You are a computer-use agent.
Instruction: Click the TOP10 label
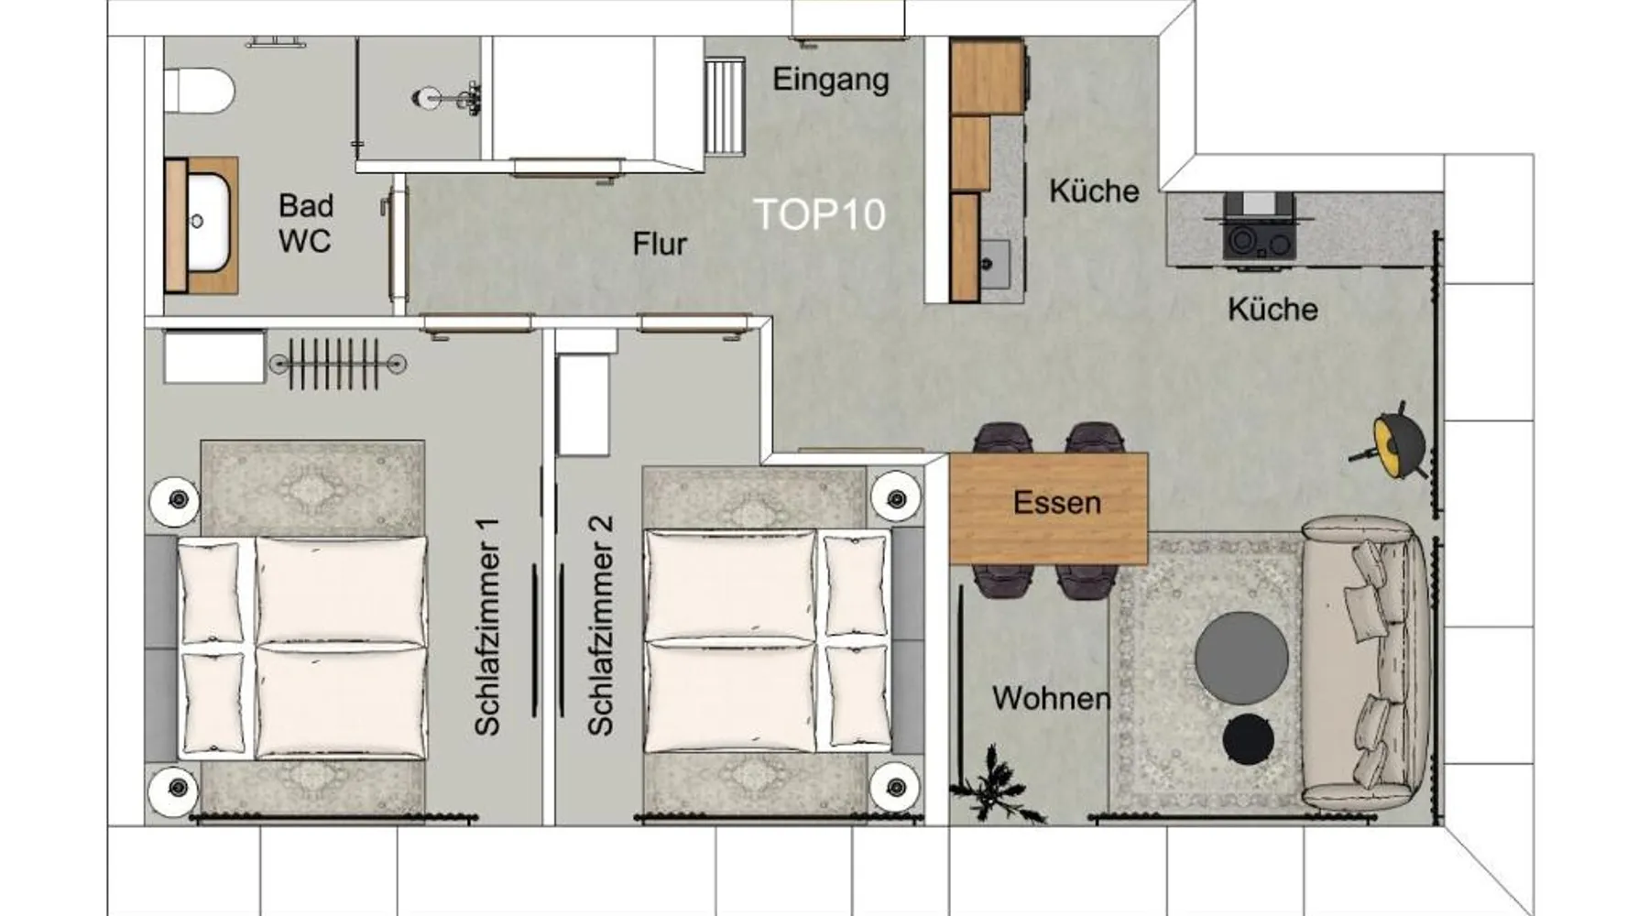tap(820, 214)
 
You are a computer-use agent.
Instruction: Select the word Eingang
tap(830, 80)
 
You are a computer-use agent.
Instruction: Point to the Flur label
tap(660, 244)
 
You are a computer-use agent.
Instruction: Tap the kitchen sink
tap(993, 264)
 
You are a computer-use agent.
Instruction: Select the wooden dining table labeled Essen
tap(1049, 507)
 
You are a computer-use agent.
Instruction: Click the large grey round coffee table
tap(1241, 658)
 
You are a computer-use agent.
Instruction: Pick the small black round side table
tap(1249, 738)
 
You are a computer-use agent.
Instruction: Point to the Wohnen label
tap(1051, 699)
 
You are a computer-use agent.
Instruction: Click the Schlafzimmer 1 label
tap(487, 627)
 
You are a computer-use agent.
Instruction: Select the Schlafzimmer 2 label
tap(600, 627)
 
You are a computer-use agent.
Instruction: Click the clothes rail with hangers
tap(337, 364)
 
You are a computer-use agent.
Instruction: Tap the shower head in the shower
tap(448, 95)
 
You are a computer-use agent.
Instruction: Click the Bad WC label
tap(306, 223)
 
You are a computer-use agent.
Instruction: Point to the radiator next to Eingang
tap(724, 106)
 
